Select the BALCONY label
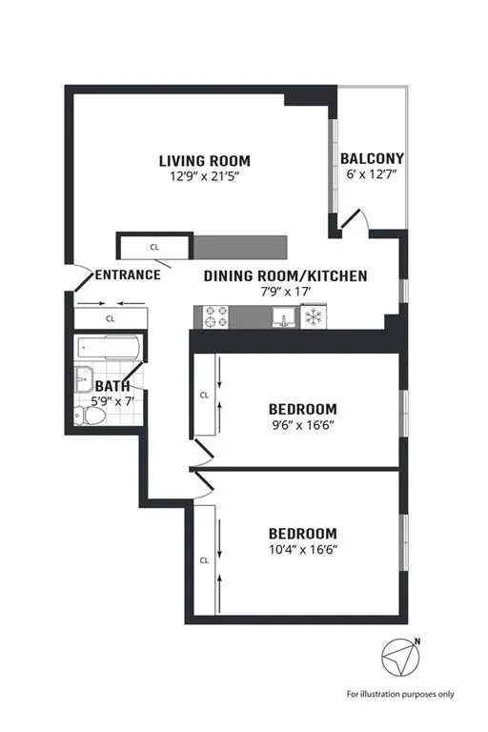click(x=373, y=158)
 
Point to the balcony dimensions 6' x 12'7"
click(x=373, y=173)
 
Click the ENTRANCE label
click(x=127, y=275)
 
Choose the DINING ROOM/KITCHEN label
click(x=286, y=275)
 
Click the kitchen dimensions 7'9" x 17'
click(x=286, y=292)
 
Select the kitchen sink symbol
click(x=280, y=316)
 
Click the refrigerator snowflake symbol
click(x=312, y=316)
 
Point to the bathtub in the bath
click(x=108, y=349)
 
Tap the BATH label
click(x=112, y=386)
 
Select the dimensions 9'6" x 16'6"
click(x=302, y=427)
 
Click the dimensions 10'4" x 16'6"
click(x=302, y=549)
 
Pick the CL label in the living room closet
click(x=154, y=247)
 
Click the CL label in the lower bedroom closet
click(x=204, y=560)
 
